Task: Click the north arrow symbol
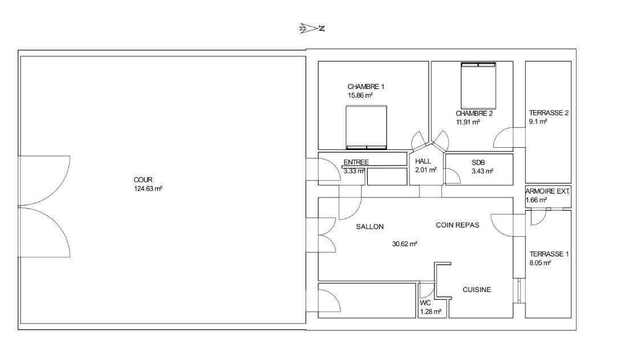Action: [x=312, y=29]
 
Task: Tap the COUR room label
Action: [x=143, y=180]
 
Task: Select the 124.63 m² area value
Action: [x=148, y=189]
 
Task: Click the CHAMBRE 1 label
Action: [x=366, y=87]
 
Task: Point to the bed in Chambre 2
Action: [x=478, y=86]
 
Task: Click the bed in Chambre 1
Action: [x=367, y=127]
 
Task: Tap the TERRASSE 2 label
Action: [x=549, y=113]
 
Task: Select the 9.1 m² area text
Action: [x=538, y=122]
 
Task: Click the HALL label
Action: [x=423, y=161]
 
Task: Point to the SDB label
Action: [x=478, y=162]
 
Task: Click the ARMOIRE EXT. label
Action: [x=547, y=192]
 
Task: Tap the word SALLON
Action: [x=370, y=227]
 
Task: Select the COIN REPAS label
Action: [x=458, y=225]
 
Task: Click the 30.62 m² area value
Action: [x=404, y=244]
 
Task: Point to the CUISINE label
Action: [x=477, y=290]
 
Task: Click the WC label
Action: [x=425, y=304]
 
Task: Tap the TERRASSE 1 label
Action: [x=549, y=254]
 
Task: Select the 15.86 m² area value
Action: [x=360, y=95]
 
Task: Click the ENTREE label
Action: [x=356, y=162]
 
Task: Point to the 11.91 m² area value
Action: [x=468, y=123]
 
